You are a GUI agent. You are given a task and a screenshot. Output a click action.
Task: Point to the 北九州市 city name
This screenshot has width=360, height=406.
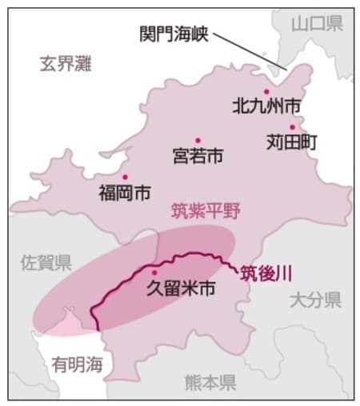point(266,105)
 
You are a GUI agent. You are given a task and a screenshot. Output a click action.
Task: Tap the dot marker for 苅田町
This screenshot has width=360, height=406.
point(293,127)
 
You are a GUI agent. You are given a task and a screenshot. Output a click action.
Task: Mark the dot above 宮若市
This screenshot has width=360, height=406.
point(197,140)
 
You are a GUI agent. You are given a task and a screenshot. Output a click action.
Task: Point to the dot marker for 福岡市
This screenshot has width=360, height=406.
point(125,177)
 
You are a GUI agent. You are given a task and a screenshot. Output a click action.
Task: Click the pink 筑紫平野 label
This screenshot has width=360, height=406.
point(206,211)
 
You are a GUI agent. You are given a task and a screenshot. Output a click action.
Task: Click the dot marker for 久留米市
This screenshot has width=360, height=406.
point(155,272)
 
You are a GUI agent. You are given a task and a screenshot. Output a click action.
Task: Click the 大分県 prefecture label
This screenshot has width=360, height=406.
point(315,301)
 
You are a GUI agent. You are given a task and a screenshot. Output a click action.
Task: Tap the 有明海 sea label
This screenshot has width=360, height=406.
point(78,364)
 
